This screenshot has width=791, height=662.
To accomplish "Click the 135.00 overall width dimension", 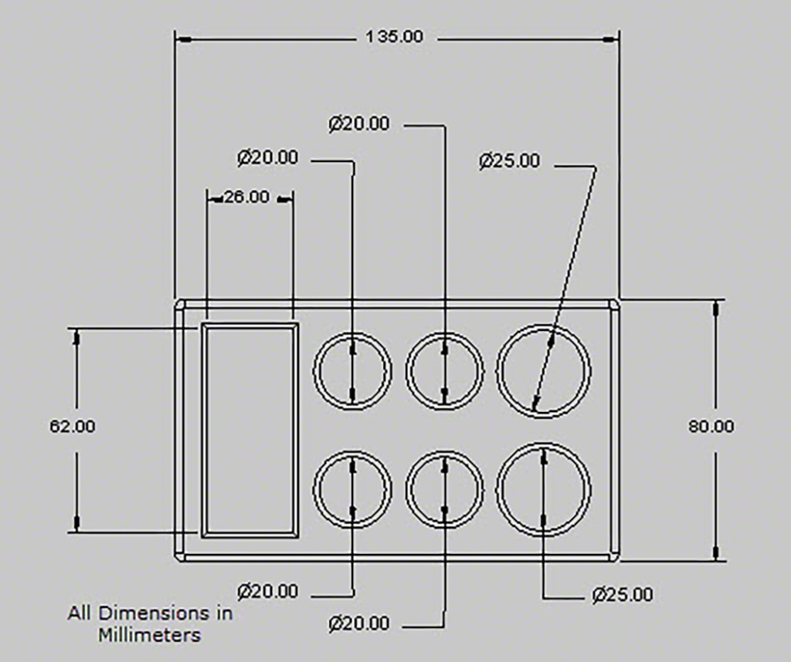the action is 394,37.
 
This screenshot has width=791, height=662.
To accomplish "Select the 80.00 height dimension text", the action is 711,426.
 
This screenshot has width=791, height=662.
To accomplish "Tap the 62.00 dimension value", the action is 72,426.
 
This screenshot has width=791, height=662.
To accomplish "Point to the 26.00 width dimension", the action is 246,197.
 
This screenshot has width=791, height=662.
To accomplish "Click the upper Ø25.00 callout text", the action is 510,160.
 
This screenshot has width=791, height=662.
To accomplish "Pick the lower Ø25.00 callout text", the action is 623,595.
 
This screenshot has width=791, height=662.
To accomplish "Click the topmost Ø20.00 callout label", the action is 359,123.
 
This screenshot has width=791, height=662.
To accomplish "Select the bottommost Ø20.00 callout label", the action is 359,623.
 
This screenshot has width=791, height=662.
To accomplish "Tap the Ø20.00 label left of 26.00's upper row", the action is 268,157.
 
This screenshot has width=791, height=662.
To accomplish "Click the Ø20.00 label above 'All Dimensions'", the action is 268,591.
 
